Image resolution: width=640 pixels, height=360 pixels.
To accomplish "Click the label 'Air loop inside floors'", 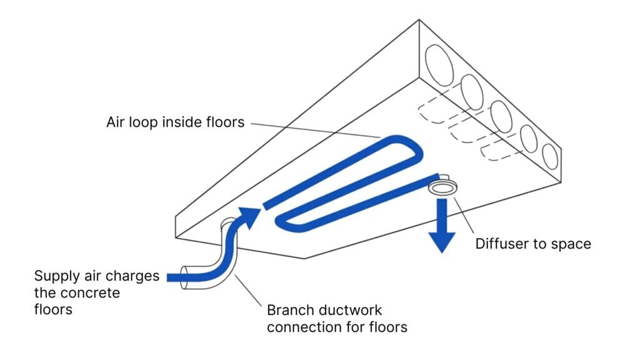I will [x=175, y=122].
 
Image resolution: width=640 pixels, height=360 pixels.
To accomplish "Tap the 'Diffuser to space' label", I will [x=533, y=243].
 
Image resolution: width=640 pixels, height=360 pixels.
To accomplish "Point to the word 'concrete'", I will [x=92, y=292].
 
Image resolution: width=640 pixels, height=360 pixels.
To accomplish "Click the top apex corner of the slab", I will [x=419, y=20].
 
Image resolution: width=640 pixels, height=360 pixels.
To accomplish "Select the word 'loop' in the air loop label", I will [x=159, y=122].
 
